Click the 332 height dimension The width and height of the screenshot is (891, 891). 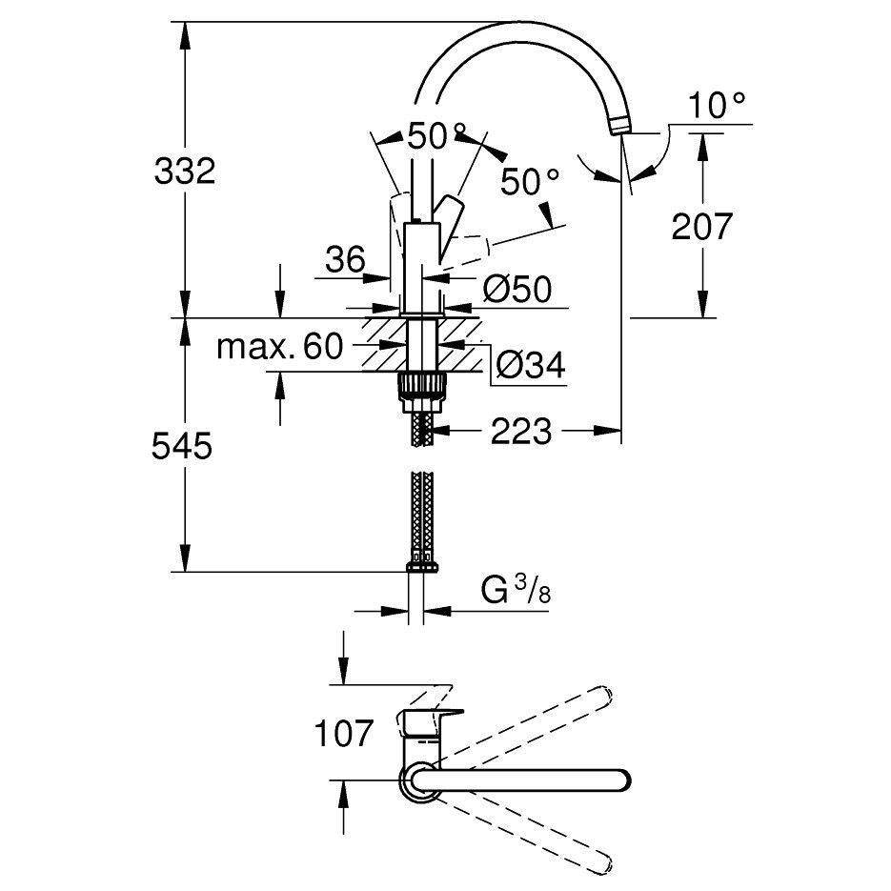185,171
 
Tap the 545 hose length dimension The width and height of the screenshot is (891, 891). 182,445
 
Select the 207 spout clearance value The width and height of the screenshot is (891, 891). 702,226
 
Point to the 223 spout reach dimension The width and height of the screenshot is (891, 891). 521,431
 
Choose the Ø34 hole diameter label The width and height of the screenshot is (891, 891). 531,364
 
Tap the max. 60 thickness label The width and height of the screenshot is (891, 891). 280,346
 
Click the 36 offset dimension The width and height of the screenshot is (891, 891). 345,260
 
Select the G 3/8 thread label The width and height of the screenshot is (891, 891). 516,590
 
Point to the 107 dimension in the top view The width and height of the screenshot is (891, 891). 344,733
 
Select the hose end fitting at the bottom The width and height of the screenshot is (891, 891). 421,567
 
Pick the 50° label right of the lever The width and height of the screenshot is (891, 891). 530,182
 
